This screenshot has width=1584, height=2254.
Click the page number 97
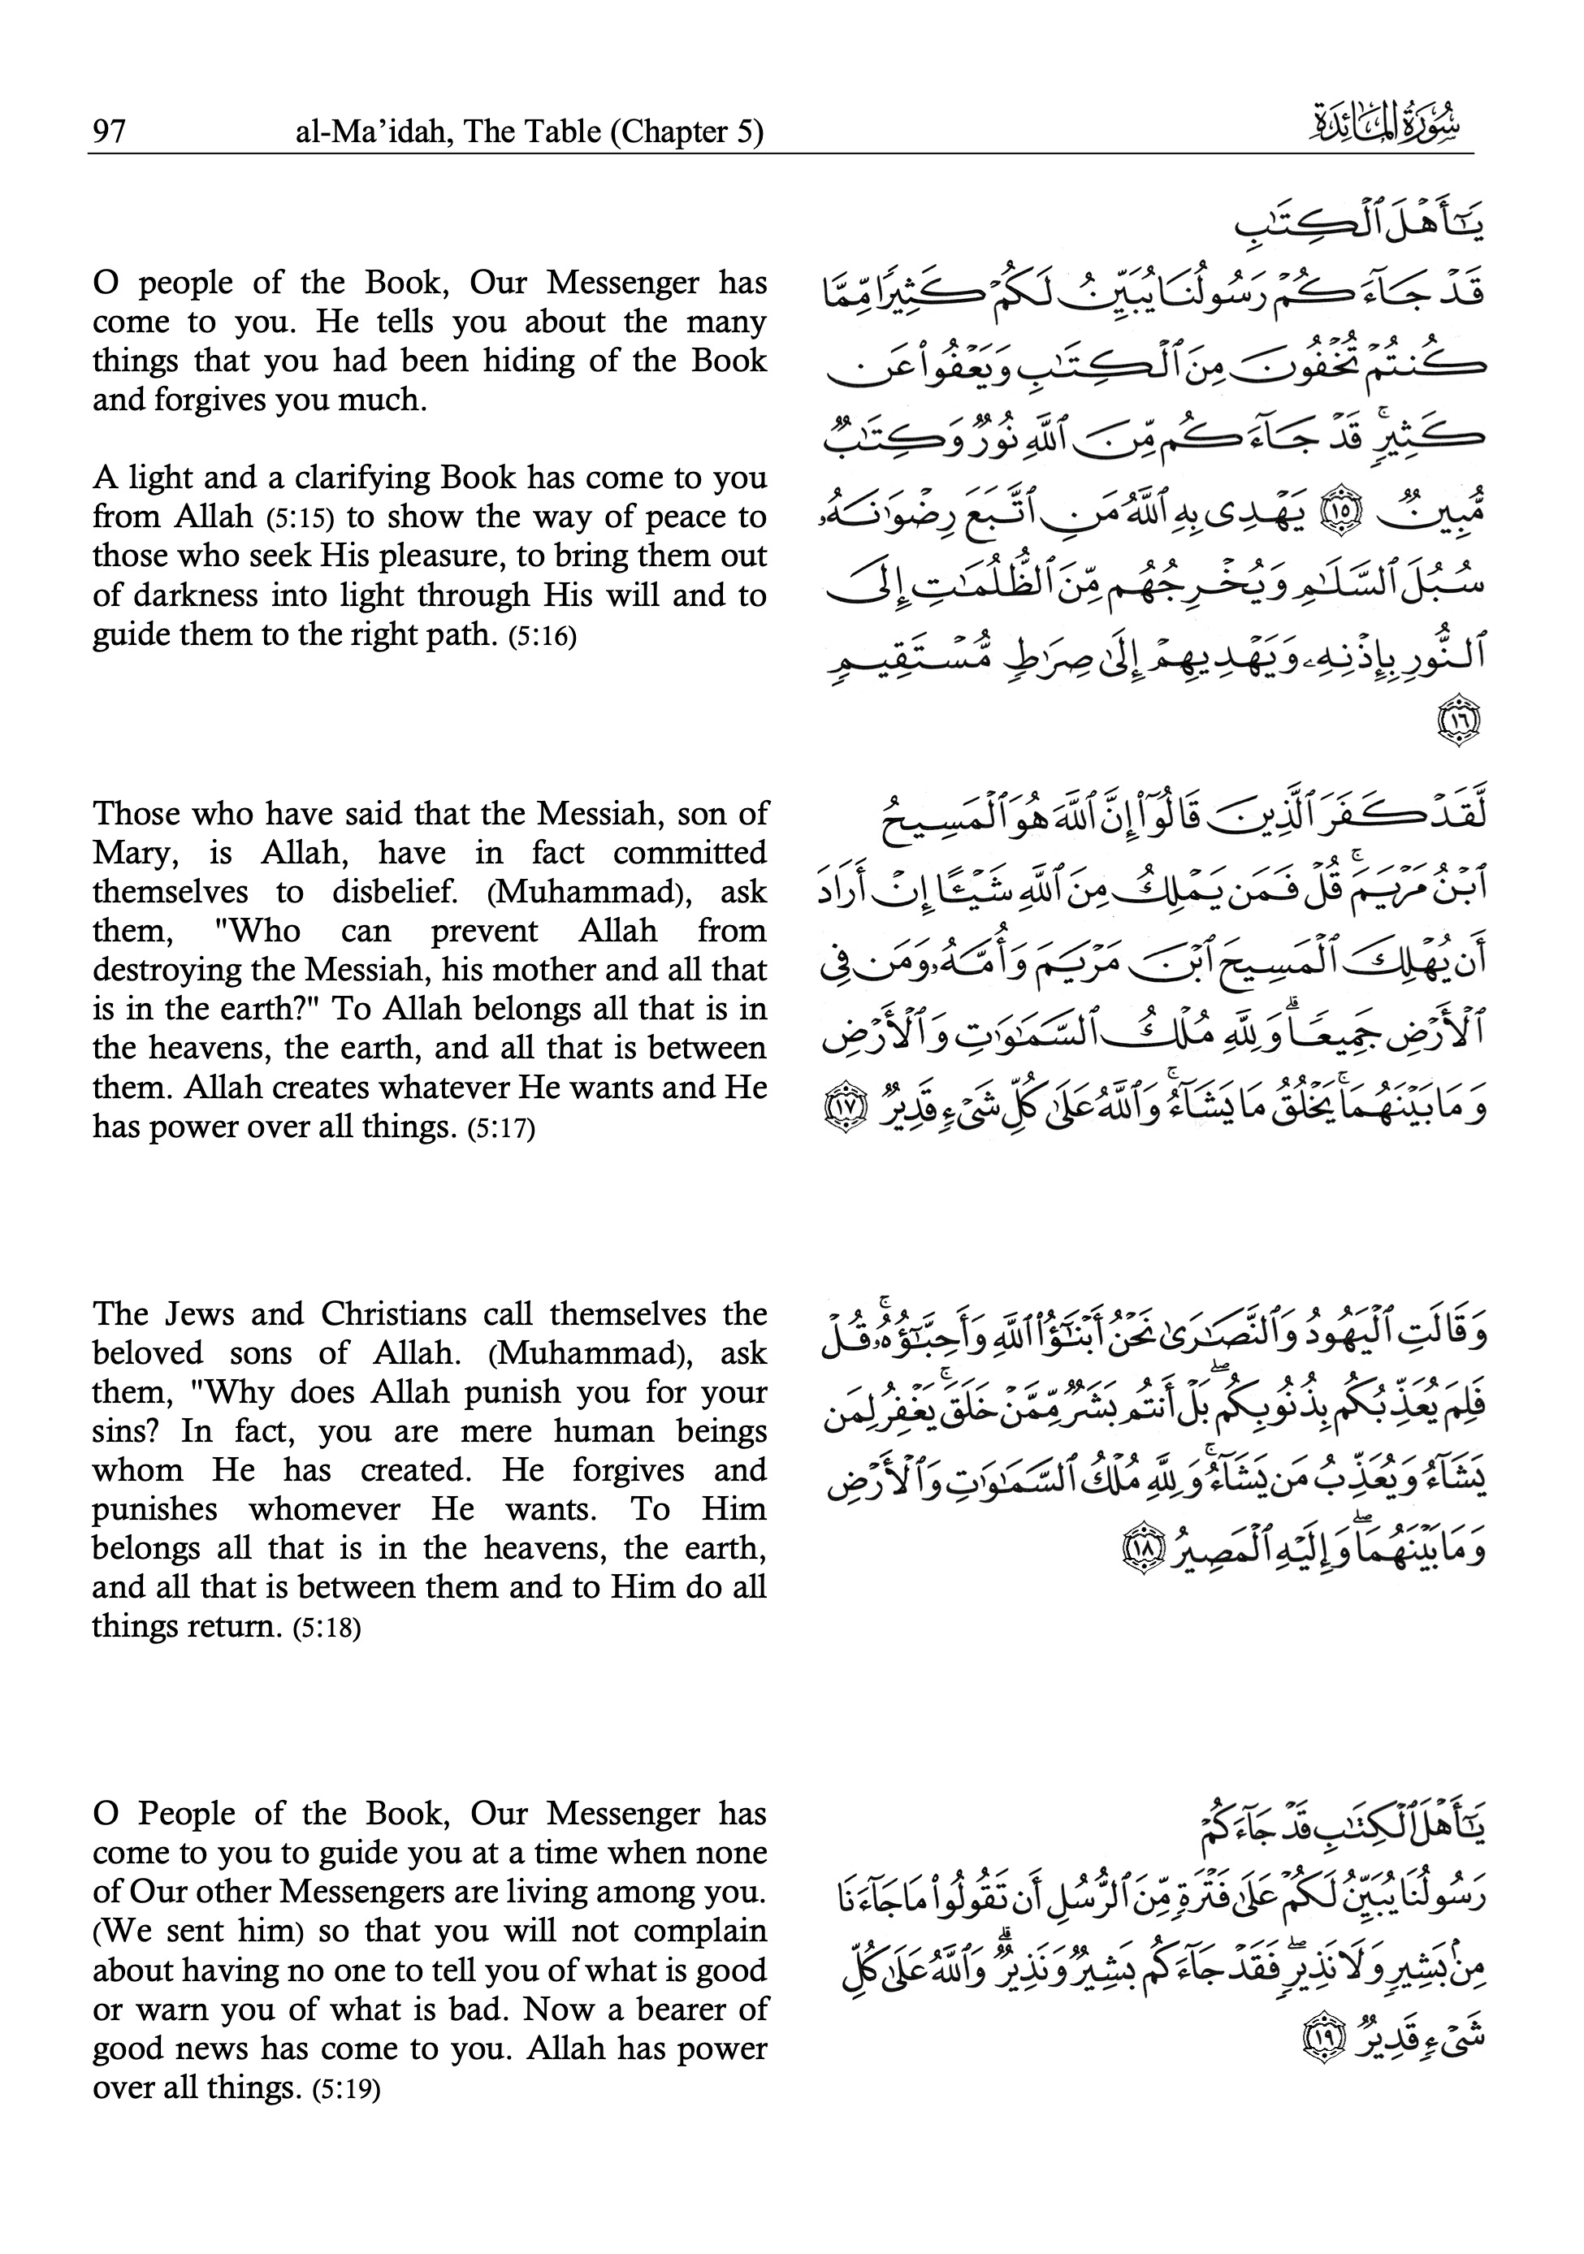pos(109,131)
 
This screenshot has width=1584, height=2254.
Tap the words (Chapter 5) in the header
pos(686,132)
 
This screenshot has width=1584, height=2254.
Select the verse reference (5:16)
pos(543,636)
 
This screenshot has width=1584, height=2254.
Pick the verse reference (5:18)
pos(327,1629)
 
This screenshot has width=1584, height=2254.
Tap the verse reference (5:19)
pos(346,2089)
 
